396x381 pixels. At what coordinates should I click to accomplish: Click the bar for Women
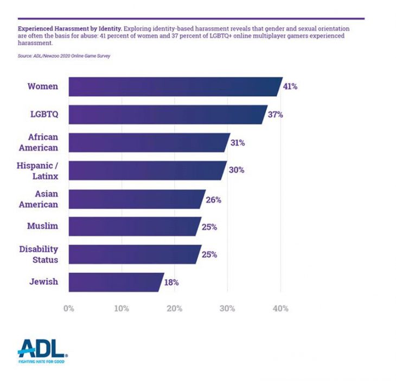point(174,86)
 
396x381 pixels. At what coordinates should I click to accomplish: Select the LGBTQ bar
point(166,115)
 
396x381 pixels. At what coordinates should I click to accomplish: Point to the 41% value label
point(290,86)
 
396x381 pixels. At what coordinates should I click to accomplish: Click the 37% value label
point(276,115)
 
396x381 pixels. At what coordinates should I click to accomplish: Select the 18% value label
point(171,282)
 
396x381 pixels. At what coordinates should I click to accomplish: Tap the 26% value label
point(214,199)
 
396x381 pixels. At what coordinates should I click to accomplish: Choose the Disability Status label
point(39,254)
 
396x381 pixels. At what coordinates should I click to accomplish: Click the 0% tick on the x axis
point(68,309)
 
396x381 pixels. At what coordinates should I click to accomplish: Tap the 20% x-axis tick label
point(174,309)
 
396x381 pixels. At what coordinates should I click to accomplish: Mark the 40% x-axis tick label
point(280,309)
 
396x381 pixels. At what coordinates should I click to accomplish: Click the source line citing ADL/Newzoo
point(64,55)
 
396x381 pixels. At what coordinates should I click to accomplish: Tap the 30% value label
point(237,171)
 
